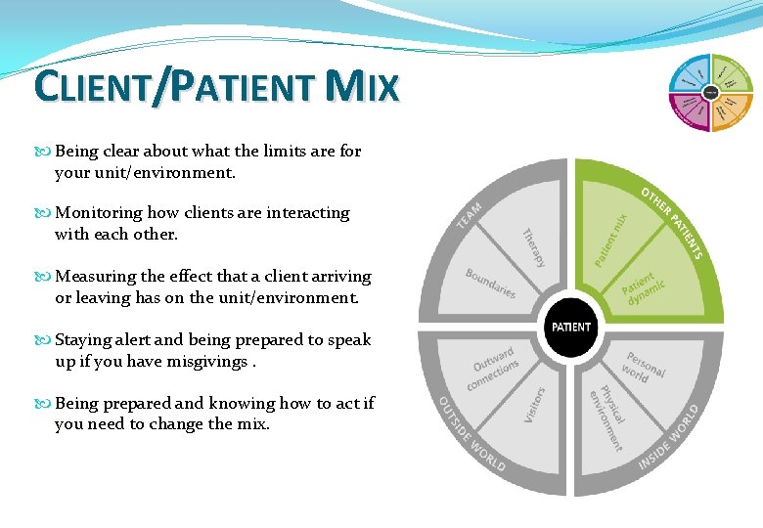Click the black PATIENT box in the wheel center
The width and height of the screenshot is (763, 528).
(x=571, y=326)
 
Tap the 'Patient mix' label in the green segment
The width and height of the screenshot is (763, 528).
(x=612, y=240)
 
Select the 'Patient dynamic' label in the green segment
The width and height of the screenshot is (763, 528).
(x=644, y=288)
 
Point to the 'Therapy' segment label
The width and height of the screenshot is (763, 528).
(x=533, y=248)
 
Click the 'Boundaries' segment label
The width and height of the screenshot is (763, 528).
(x=490, y=284)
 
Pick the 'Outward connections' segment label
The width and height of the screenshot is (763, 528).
(x=494, y=368)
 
